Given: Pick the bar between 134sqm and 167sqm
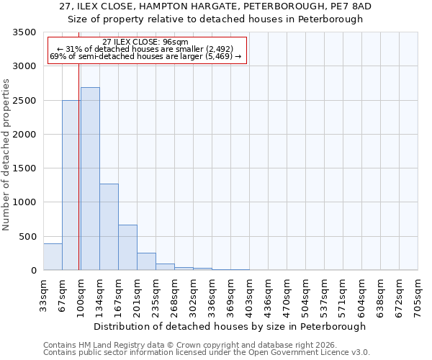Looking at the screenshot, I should tap(109, 227).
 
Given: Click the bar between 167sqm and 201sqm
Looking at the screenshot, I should tap(127, 248).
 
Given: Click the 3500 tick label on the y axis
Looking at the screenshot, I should tap(24, 32).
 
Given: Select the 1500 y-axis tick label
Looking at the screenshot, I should tap(24, 168).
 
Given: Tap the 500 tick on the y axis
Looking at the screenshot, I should tap(27, 237).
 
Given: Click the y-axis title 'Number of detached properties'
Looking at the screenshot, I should tap(6, 151).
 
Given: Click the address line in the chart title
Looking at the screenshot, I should tap(216, 6).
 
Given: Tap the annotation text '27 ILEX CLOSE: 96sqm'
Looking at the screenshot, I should tap(145, 42).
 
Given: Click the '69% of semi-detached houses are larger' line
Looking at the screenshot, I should tap(145, 56).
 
